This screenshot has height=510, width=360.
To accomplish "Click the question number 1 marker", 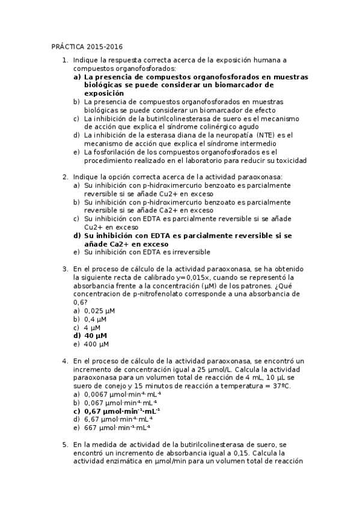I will pos(65,60).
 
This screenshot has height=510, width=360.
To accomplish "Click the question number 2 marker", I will pos(65,177).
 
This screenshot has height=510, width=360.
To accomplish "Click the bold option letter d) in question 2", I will pos(77,236).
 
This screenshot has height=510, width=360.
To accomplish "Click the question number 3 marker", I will pos(65,269).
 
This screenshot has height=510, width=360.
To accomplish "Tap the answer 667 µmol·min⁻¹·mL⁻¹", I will pos(117,428).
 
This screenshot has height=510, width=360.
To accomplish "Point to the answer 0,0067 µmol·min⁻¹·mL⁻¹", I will pos(123,394).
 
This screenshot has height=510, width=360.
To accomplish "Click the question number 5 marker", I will pos(65,444).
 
